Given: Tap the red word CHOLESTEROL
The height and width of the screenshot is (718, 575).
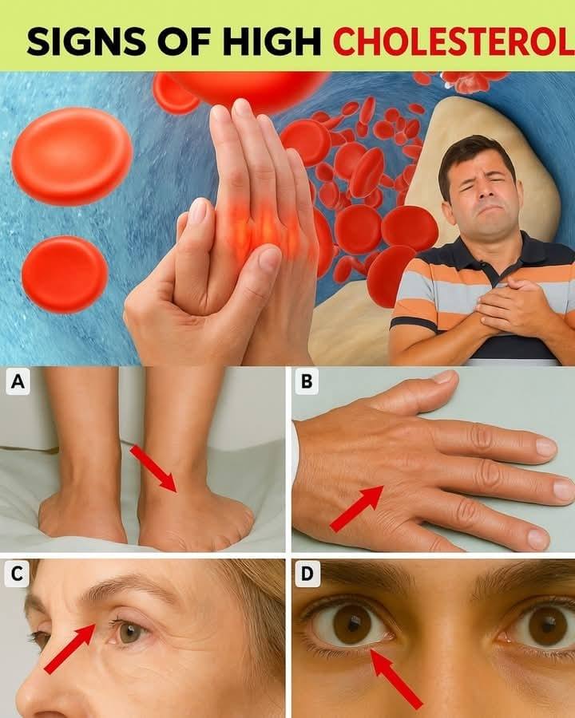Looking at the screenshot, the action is [453, 41].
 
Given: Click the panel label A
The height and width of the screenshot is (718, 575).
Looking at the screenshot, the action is [18, 381].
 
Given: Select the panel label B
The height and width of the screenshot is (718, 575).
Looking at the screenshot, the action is [307, 381].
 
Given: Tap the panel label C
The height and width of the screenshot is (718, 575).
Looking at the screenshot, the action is [17, 574].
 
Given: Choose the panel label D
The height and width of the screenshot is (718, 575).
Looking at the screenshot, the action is [307, 574].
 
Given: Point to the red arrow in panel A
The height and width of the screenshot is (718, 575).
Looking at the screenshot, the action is [154, 468].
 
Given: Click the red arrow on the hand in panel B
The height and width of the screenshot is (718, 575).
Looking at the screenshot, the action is [357, 509].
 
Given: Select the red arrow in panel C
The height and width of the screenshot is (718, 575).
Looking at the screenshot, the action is [69, 648].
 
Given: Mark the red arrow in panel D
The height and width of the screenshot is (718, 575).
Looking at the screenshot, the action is [396, 679].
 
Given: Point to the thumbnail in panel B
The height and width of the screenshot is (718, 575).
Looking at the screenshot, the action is [444, 377].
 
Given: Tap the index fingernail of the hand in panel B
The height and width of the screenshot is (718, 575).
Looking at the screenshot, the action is [546, 448].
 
